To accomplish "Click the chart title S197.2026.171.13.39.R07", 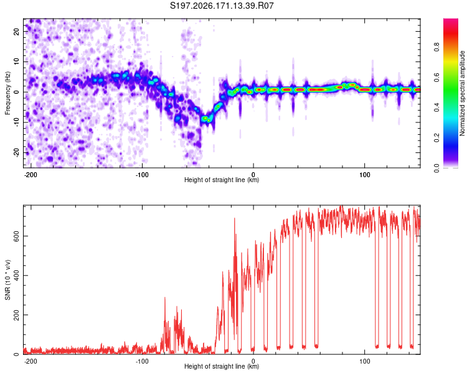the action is (222, 6).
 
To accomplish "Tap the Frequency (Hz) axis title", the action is (7, 93).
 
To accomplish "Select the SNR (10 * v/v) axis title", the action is (7, 280).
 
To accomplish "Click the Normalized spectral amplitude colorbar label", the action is (462, 93).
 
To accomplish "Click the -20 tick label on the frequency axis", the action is (17, 152).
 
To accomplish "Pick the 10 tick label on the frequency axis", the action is (17, 62).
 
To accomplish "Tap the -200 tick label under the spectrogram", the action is (31, 175).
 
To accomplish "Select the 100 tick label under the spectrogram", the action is (364, 175).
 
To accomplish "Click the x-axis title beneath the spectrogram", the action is (222, 180).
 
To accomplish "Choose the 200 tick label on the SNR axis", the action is (17, 315).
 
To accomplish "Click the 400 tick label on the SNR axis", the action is (17, 275).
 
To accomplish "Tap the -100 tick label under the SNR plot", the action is (142, 361).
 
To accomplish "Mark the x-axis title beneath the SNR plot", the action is (222, 366).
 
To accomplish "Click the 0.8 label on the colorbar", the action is (436, 47).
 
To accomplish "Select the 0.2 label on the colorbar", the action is (436, 138).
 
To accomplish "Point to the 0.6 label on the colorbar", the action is (436, 77).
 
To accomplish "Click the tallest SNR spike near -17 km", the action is (234, 219).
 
